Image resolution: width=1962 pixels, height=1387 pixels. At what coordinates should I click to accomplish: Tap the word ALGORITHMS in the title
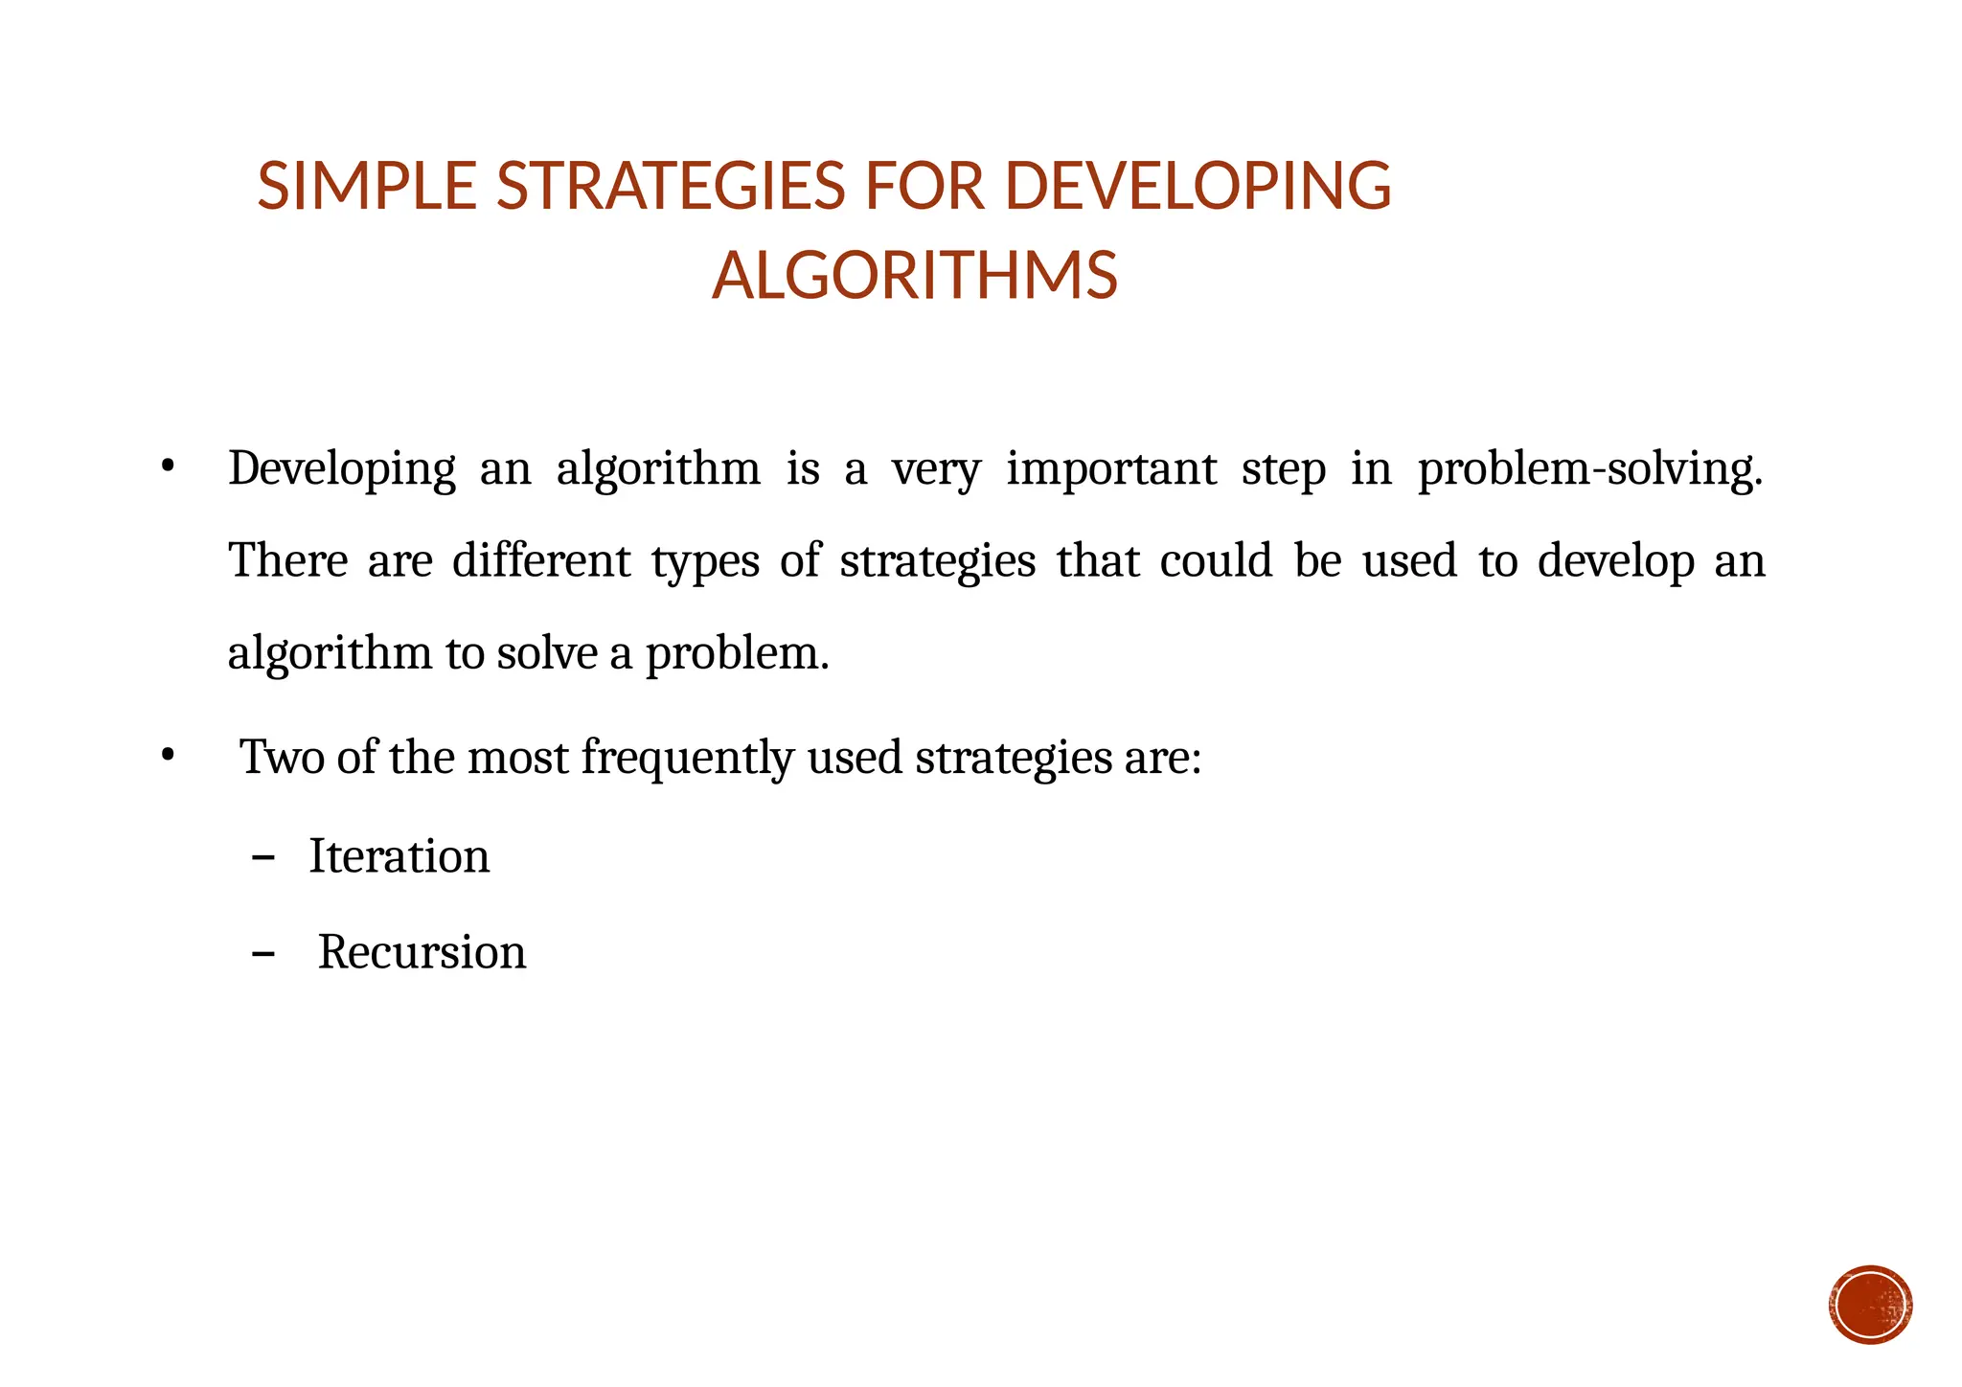[915, 276]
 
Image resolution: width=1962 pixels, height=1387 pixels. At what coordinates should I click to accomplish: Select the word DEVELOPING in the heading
[1198, 186]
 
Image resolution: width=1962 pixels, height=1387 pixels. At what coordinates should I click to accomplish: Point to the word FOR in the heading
[924, 186]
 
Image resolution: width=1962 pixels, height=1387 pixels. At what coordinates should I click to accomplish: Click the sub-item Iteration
[399, 855]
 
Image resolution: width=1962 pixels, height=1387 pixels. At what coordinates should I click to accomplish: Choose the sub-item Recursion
[422, 952]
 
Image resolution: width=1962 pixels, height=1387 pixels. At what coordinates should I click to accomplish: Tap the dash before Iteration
[262, 857]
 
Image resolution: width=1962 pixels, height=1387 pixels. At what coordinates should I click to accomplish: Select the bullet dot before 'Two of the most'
[168, 756]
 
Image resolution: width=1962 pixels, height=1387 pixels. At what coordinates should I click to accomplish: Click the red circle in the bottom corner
[1870, 1305]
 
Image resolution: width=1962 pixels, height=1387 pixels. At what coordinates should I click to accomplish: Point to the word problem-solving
[1589, 469]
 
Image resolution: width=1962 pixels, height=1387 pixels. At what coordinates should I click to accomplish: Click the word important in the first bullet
[1111, 469]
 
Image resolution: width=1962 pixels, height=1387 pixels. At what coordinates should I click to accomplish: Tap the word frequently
[687, 758]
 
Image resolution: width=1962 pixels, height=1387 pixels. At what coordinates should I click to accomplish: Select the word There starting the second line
[287, 560]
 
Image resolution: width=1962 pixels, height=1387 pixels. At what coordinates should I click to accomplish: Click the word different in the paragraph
[541, 560]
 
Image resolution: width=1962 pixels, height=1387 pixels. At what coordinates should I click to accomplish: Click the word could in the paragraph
[1216, 560]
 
